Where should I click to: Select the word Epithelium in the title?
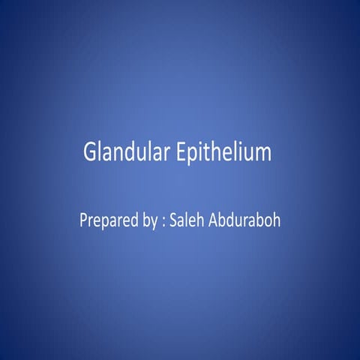click(x=227, y=153)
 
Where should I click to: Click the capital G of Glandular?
click(x=91, y=152)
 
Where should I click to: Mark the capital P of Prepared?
click(x=83, y=222)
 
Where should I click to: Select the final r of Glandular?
click(x=175, y=154)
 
